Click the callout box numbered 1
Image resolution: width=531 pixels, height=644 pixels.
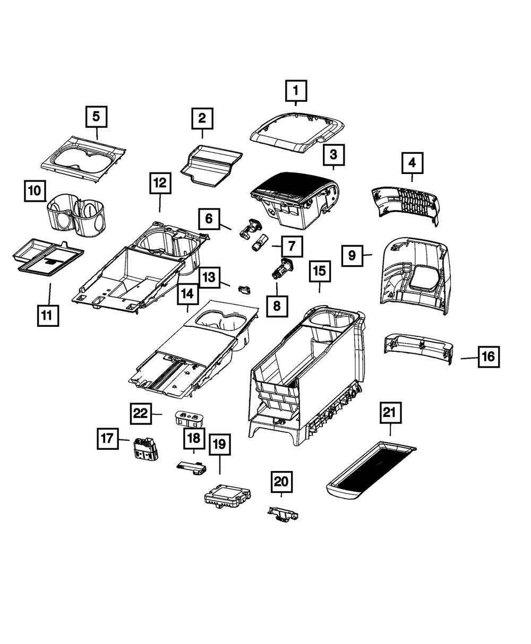296,91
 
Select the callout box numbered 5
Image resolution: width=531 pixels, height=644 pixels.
96,116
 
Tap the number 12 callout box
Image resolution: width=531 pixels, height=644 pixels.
160,184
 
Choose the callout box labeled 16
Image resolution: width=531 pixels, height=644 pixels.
489,357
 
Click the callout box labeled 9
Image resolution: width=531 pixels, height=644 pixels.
352,256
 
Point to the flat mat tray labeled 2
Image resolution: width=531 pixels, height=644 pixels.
211,166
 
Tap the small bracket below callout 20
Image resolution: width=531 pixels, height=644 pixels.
282,513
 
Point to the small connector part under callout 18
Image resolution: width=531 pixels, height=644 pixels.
191,467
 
